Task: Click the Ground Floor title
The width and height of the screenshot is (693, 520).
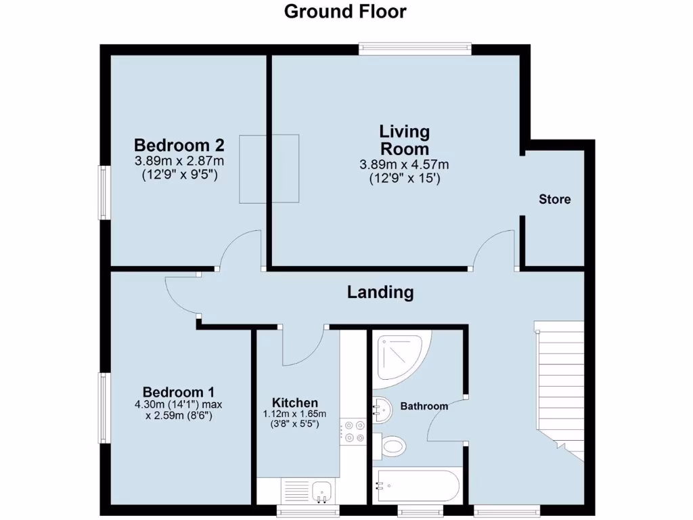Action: point(345,12)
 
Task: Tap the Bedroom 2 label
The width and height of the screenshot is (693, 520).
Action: point(179,145)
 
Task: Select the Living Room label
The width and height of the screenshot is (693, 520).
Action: point(404,139)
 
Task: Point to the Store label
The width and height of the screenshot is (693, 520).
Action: point(554,199)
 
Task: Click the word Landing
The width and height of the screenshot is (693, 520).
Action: point(380,292)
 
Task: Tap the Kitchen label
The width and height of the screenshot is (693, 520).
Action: point(294,403)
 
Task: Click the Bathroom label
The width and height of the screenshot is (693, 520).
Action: point(424,406)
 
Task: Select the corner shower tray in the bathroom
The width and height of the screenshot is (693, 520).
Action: point(399,355)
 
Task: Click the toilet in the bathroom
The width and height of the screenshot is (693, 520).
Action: point(390,446)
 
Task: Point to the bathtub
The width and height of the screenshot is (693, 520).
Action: point(416,485)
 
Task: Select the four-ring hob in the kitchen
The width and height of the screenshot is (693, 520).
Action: point(353,431)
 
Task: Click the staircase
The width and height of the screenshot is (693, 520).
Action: point(559,386)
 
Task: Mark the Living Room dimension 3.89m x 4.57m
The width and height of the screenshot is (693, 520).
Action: point(405,165)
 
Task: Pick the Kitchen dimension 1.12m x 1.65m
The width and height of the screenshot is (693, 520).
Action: point(294,414)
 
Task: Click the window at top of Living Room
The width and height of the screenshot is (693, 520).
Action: point(415,47)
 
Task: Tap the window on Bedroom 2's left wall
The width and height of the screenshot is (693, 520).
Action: point(104,192)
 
